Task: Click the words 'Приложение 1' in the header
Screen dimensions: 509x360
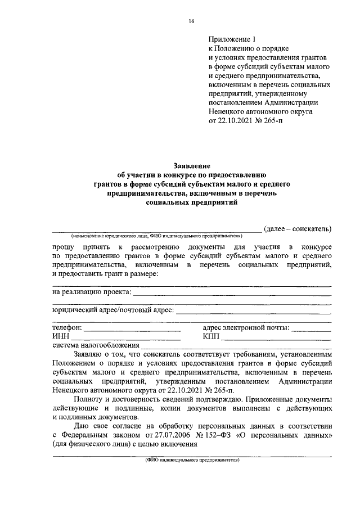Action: click(232, 40)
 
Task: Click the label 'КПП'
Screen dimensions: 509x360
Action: click(211, 337)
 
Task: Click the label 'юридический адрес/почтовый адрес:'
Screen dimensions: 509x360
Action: click(113, 309)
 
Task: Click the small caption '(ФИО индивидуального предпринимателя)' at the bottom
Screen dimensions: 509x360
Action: click(192, 460)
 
